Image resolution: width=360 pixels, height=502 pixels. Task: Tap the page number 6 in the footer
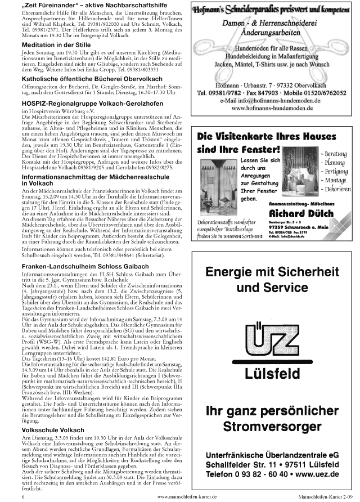(x=23, y=497)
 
